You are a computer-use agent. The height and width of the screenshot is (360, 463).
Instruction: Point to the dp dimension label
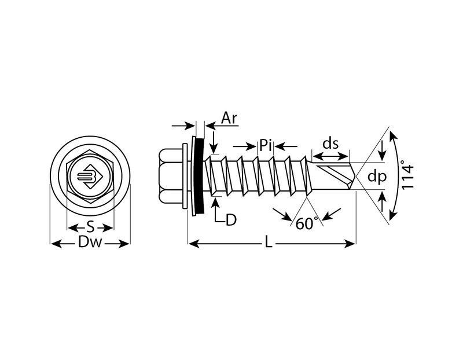coord(377,178)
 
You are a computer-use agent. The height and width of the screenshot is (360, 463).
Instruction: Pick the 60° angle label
coord(307,223)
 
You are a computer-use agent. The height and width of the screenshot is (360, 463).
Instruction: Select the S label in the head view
coord(90,226)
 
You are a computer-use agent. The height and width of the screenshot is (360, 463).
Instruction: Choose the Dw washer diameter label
coord(90,244)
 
